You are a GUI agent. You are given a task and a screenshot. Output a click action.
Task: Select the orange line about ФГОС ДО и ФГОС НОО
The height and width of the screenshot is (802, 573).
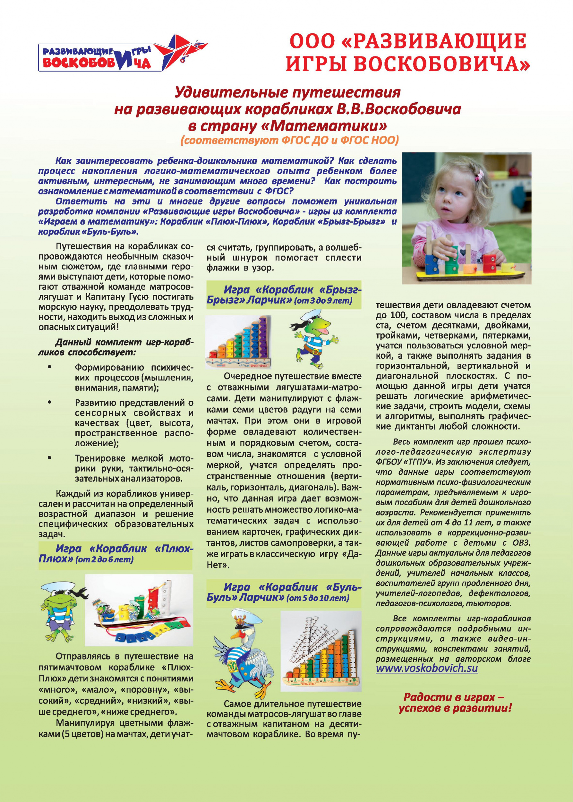289,140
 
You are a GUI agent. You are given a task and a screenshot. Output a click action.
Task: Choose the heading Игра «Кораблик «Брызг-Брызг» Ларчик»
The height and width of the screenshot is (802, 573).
284,294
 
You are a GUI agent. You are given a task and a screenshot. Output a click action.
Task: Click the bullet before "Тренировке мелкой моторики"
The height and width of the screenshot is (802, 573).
50,458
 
